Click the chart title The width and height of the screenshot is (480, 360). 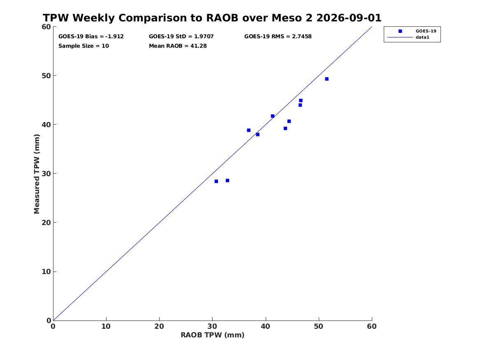[212, 18]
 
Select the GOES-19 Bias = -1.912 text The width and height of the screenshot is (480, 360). [91, 37]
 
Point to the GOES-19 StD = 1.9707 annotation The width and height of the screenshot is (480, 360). [181, 37]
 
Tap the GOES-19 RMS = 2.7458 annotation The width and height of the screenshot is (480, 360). [278, 37]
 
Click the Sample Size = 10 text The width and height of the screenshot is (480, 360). [83, 46]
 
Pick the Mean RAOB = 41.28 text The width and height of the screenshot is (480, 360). [178, 46]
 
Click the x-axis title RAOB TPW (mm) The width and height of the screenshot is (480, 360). [213, 335]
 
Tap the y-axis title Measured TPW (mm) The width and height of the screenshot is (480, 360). [37, 174]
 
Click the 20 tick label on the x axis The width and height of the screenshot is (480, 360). [159, 326]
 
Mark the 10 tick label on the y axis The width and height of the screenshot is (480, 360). [46, 272]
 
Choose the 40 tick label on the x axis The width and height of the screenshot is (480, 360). [265, 326]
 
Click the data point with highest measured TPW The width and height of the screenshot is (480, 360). [327, 79]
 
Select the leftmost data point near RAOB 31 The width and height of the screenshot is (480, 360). [216, 181]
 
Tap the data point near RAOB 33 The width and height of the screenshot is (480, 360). [227, 181]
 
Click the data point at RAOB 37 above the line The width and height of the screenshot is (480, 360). [248, 130]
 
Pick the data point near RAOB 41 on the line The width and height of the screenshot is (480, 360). [272, 116]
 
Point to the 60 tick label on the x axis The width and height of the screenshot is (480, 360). [372, 326]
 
